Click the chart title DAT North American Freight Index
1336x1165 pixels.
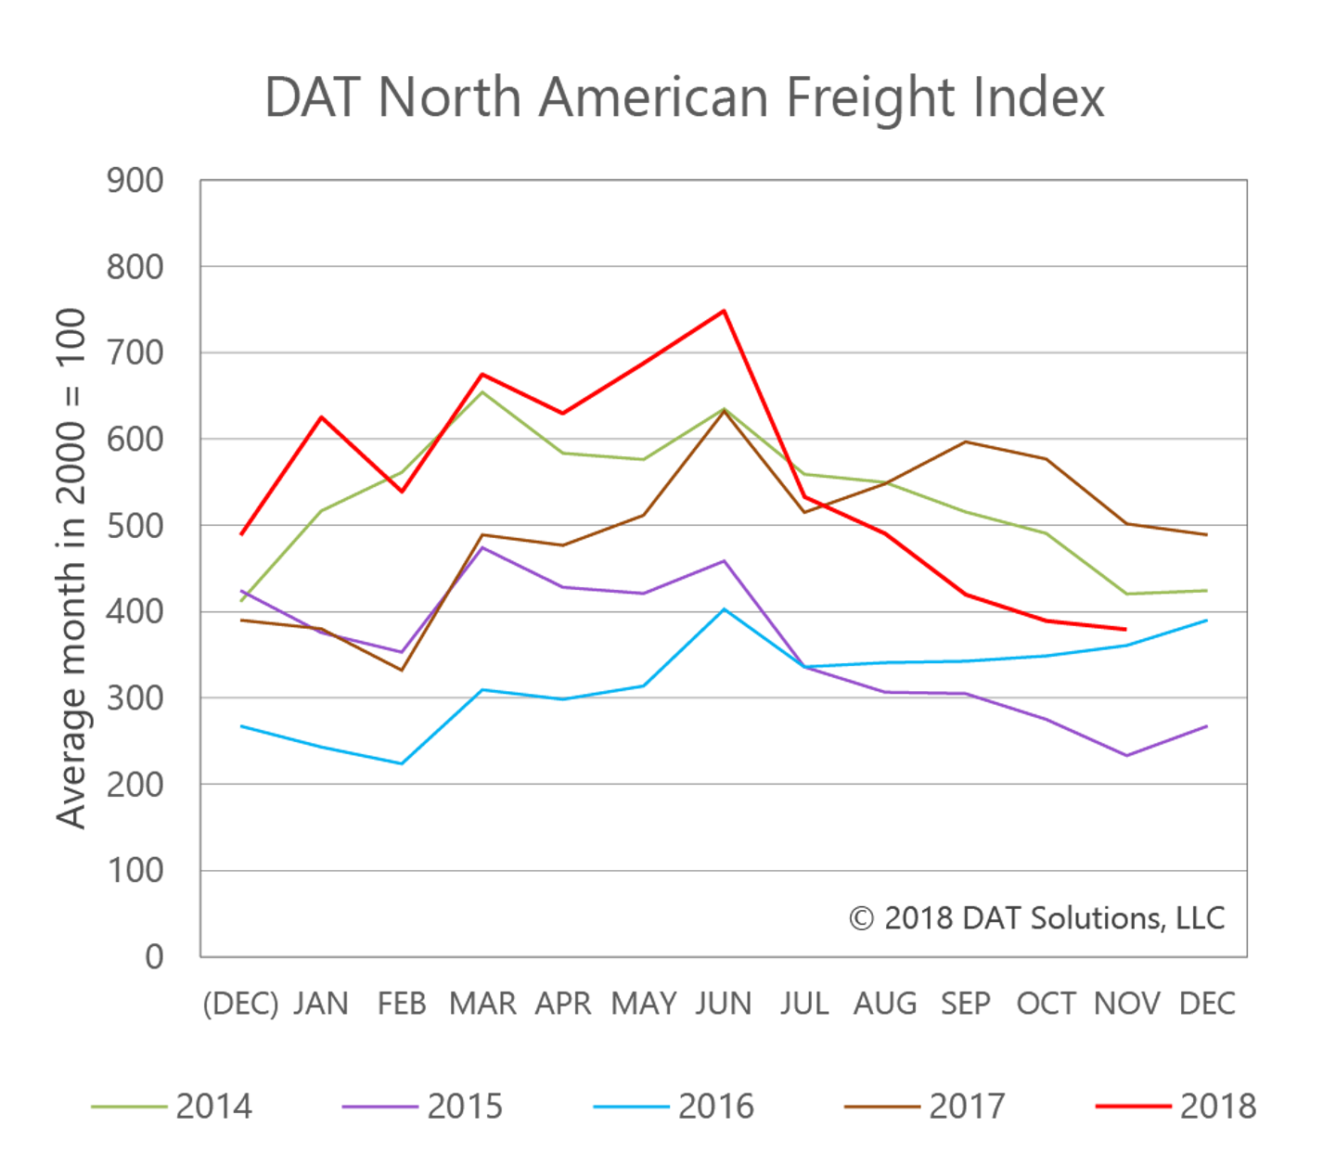click(684, 96)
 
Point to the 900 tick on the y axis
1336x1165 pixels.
click(135, 181)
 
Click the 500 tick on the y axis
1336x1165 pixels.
click(135, 526)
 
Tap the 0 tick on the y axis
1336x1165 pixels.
click(154, 956)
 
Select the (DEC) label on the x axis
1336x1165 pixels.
click(240, 1004)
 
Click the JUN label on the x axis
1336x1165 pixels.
click(724, 1004)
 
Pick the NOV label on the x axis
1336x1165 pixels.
click(1126, 1004)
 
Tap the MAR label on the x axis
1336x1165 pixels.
click(482, 1004)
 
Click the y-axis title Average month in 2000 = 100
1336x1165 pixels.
click(71, 568)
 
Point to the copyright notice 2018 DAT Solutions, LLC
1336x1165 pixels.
click(1036, 918)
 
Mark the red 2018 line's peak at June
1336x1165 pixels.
click(724, 310)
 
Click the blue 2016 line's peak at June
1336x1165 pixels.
click(724, 608)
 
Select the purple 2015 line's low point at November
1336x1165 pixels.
click(1126, 756)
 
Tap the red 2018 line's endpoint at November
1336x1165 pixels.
click(1125, 629)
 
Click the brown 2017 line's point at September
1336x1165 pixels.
click(966, 442)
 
